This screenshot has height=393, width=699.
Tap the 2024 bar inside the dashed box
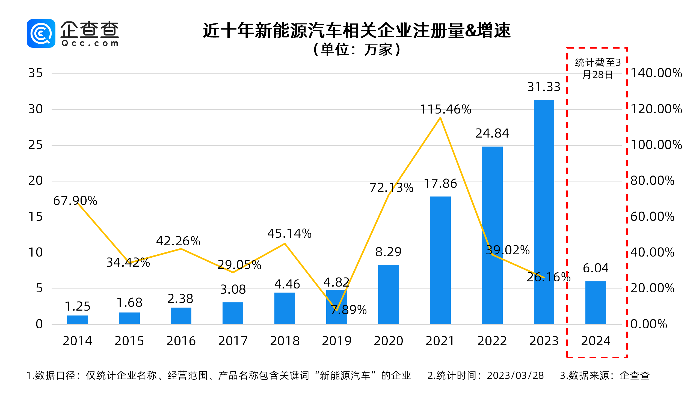tap(596, 303)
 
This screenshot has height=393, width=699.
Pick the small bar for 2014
tap(77, 320)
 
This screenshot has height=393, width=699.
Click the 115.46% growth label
tap(445, 109)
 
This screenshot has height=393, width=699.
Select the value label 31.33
tap(544, 87)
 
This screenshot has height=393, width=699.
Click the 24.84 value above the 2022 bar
tap(492, 133)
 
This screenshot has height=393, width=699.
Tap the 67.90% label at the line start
tap(75, 201)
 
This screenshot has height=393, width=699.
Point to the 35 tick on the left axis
tap(35, 73)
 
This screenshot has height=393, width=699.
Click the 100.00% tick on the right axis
tap(656, 145)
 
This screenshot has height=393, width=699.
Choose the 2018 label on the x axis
tap(285, 341)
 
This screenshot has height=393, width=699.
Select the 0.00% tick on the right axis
tap(649, 324)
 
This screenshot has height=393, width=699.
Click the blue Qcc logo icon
tap(41, 33)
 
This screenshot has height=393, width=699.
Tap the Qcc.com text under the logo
tap(90, 43)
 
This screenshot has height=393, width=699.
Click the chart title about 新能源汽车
tap(356, 30)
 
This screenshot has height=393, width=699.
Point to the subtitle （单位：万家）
tap(356, 50)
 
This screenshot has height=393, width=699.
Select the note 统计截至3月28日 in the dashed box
tap(597, 68)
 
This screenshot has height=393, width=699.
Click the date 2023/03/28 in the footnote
tap(515, 376)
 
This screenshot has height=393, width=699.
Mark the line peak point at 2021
tap(440, 118)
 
